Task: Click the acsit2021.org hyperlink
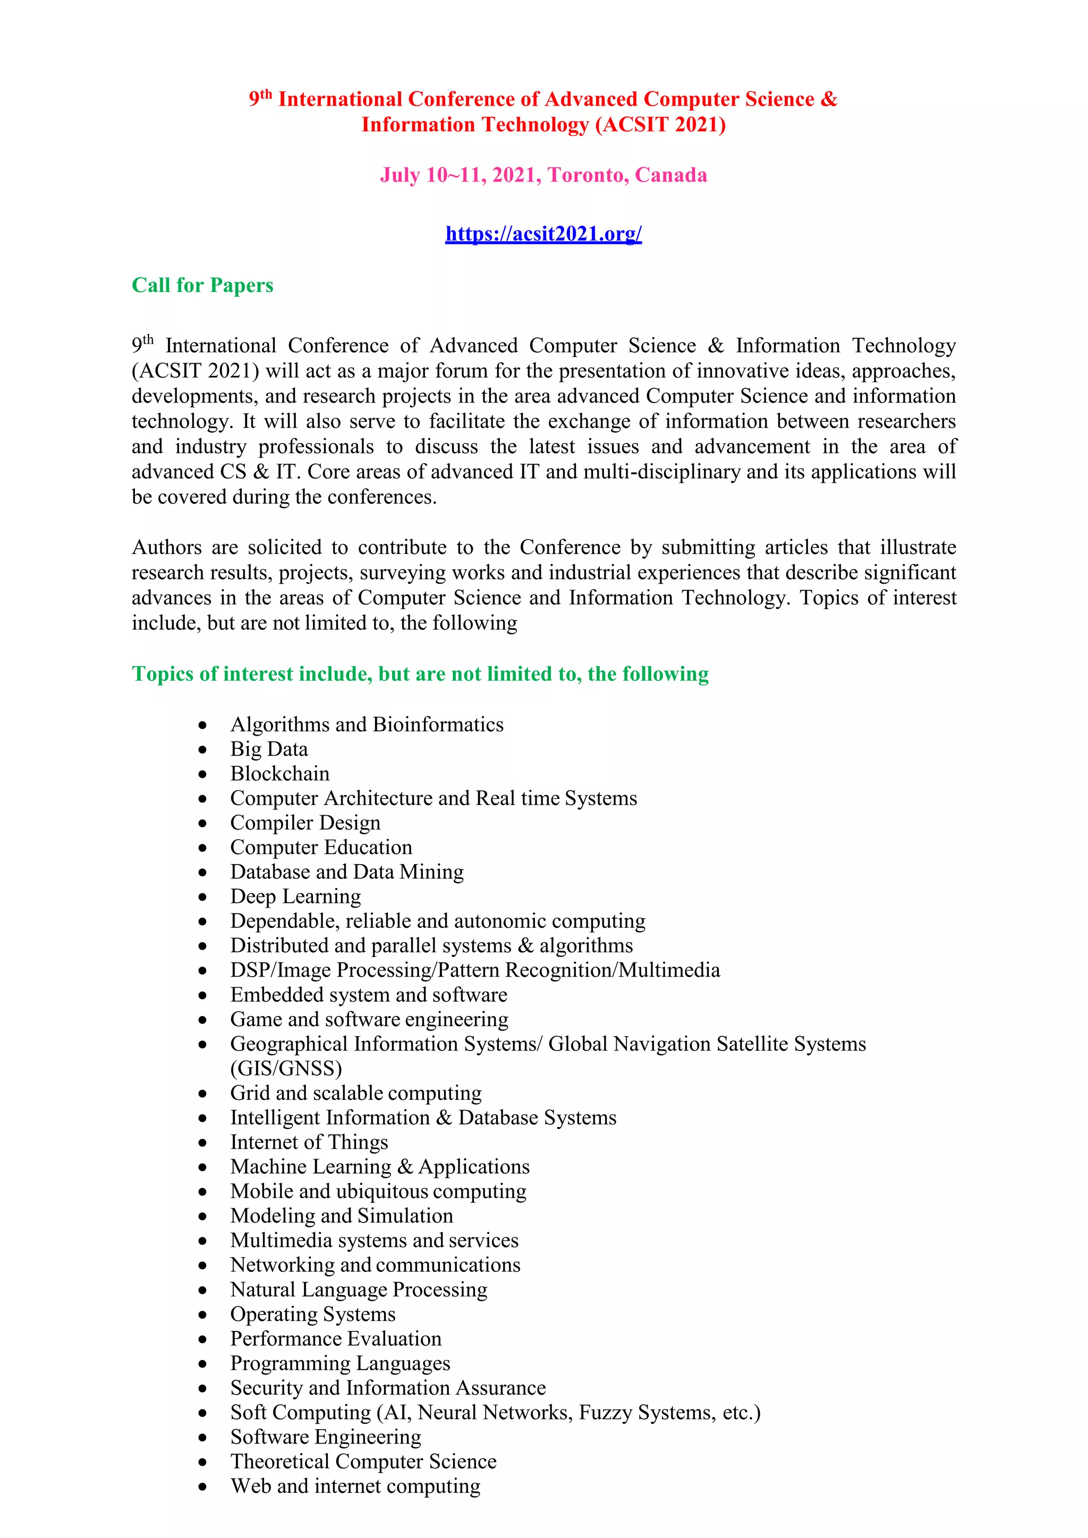click(x=543, y=234)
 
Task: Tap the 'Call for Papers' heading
click(x=202, y=285)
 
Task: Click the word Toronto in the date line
click(x=588, y=175)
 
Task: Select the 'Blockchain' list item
click(x=279, y=774)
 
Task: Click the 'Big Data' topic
click(x=269, y=749)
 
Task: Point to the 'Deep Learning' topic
click(x=295, y=896)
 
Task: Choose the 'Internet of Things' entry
click(x=309, y=1142)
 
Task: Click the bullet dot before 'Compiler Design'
click(x=202, y=823)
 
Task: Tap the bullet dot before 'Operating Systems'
click(x=202, y=1315)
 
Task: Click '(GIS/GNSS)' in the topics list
click(x=286, y=1069)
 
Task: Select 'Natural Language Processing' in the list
click(x=359, y=1289)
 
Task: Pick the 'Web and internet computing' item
click(x=355, y=1486)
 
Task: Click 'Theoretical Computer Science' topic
click(x=363, y=1461)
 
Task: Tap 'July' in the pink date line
click(x=400, y=175)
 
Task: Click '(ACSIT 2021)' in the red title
click(x=660, y=125)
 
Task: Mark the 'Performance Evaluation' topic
click(x=336, y=1338)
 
